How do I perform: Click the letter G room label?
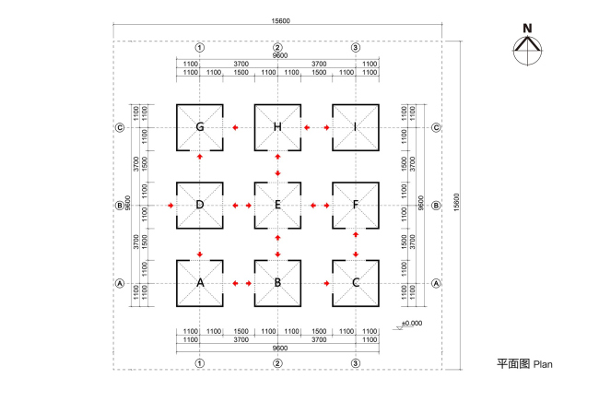199,127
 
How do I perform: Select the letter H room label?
277,127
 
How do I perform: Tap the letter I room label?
356,127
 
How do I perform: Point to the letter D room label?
199,205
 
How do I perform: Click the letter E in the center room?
277,205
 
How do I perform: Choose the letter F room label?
356,205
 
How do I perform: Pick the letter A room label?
199,283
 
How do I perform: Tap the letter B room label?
277,283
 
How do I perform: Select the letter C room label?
356,283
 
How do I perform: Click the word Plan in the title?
543,364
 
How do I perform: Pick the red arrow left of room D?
170,205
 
